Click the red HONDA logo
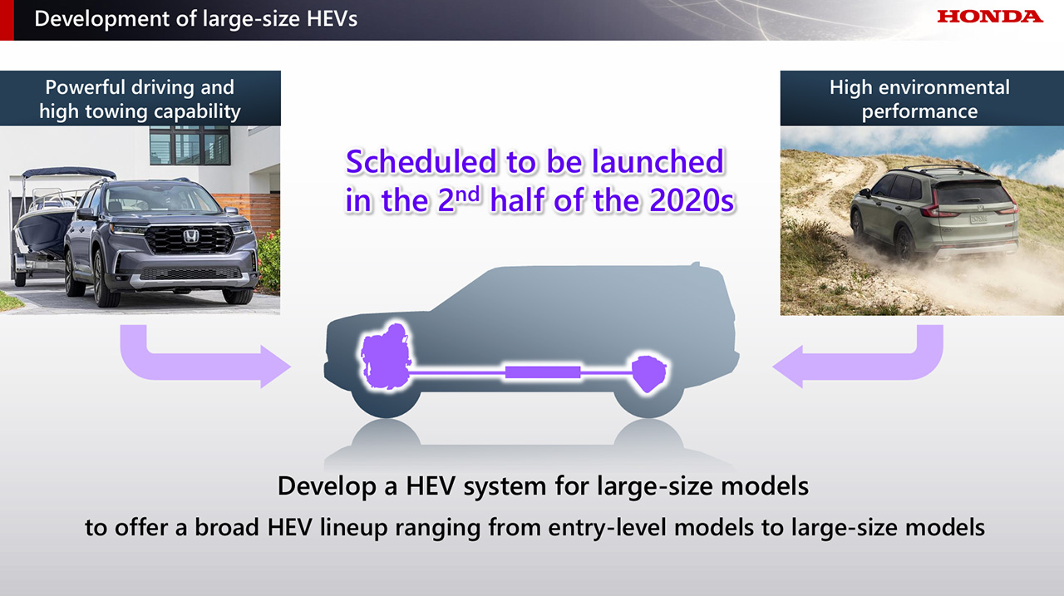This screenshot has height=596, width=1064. pyautogui.click(x=990, y=17)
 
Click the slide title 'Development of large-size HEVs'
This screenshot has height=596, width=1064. pyautogui.click(x=195, y=19)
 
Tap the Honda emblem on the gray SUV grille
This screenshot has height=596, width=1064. pyautogui.click(x=191, y=236)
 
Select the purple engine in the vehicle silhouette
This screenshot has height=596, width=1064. pyautogui.click(x=386, y=357)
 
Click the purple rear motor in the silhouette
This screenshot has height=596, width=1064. pyautogui.click(x=649, y=373)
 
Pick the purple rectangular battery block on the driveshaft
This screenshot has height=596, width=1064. pyautogui.click(x=543, y=372)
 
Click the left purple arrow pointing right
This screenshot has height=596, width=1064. pyautogui.click(x=199, y=366)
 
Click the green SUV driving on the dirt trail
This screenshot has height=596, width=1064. pyautogui.click(x=933, y=212)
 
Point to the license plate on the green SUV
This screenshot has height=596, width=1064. pyautogui.click(x=978, y=219)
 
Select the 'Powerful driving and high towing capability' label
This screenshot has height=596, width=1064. pyautogui.click(x=140, y=99)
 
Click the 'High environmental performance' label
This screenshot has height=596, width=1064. pyautogui.click(x=920, y=99)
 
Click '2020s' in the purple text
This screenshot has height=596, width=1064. pyautogui.click(x=692, y=200)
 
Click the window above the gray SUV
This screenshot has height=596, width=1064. pyautogui.click(x=190, y=145)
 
